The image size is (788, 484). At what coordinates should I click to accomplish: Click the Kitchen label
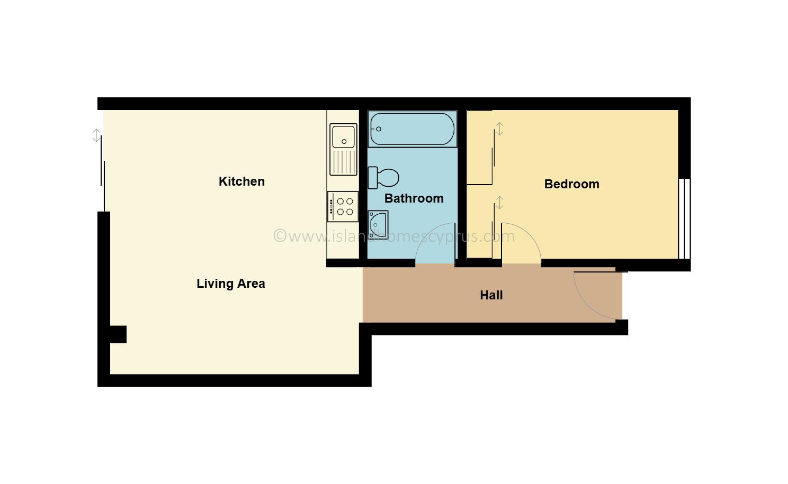pos(241,181)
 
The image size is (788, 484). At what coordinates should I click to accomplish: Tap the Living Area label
pos(231,284)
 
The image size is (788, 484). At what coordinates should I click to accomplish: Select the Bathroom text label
pos(414,198)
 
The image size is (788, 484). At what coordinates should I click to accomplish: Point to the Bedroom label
pos(571,184)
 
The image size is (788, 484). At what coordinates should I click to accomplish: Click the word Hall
pos(491,295)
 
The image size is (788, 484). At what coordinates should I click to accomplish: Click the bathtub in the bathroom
pos(413,129)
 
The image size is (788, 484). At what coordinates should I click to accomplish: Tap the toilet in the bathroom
pos(383,178)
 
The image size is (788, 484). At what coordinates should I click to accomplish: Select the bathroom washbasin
pos(378,225)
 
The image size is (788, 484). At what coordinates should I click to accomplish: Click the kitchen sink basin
pos(343,136)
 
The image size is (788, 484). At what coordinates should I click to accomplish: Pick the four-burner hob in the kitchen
pos(343,206)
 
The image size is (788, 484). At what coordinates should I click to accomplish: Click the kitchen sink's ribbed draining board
pos(343,162)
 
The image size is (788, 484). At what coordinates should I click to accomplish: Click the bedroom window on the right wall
pos(684,218)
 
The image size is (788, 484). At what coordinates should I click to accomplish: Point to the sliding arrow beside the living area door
pos(96,135)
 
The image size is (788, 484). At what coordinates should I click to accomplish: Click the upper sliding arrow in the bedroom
pos(499,129)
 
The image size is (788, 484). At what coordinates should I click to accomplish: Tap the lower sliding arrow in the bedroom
pos(499,203)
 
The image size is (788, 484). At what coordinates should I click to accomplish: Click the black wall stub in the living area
pos(118,334)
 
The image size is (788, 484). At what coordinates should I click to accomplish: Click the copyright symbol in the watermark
pos(280,236)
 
